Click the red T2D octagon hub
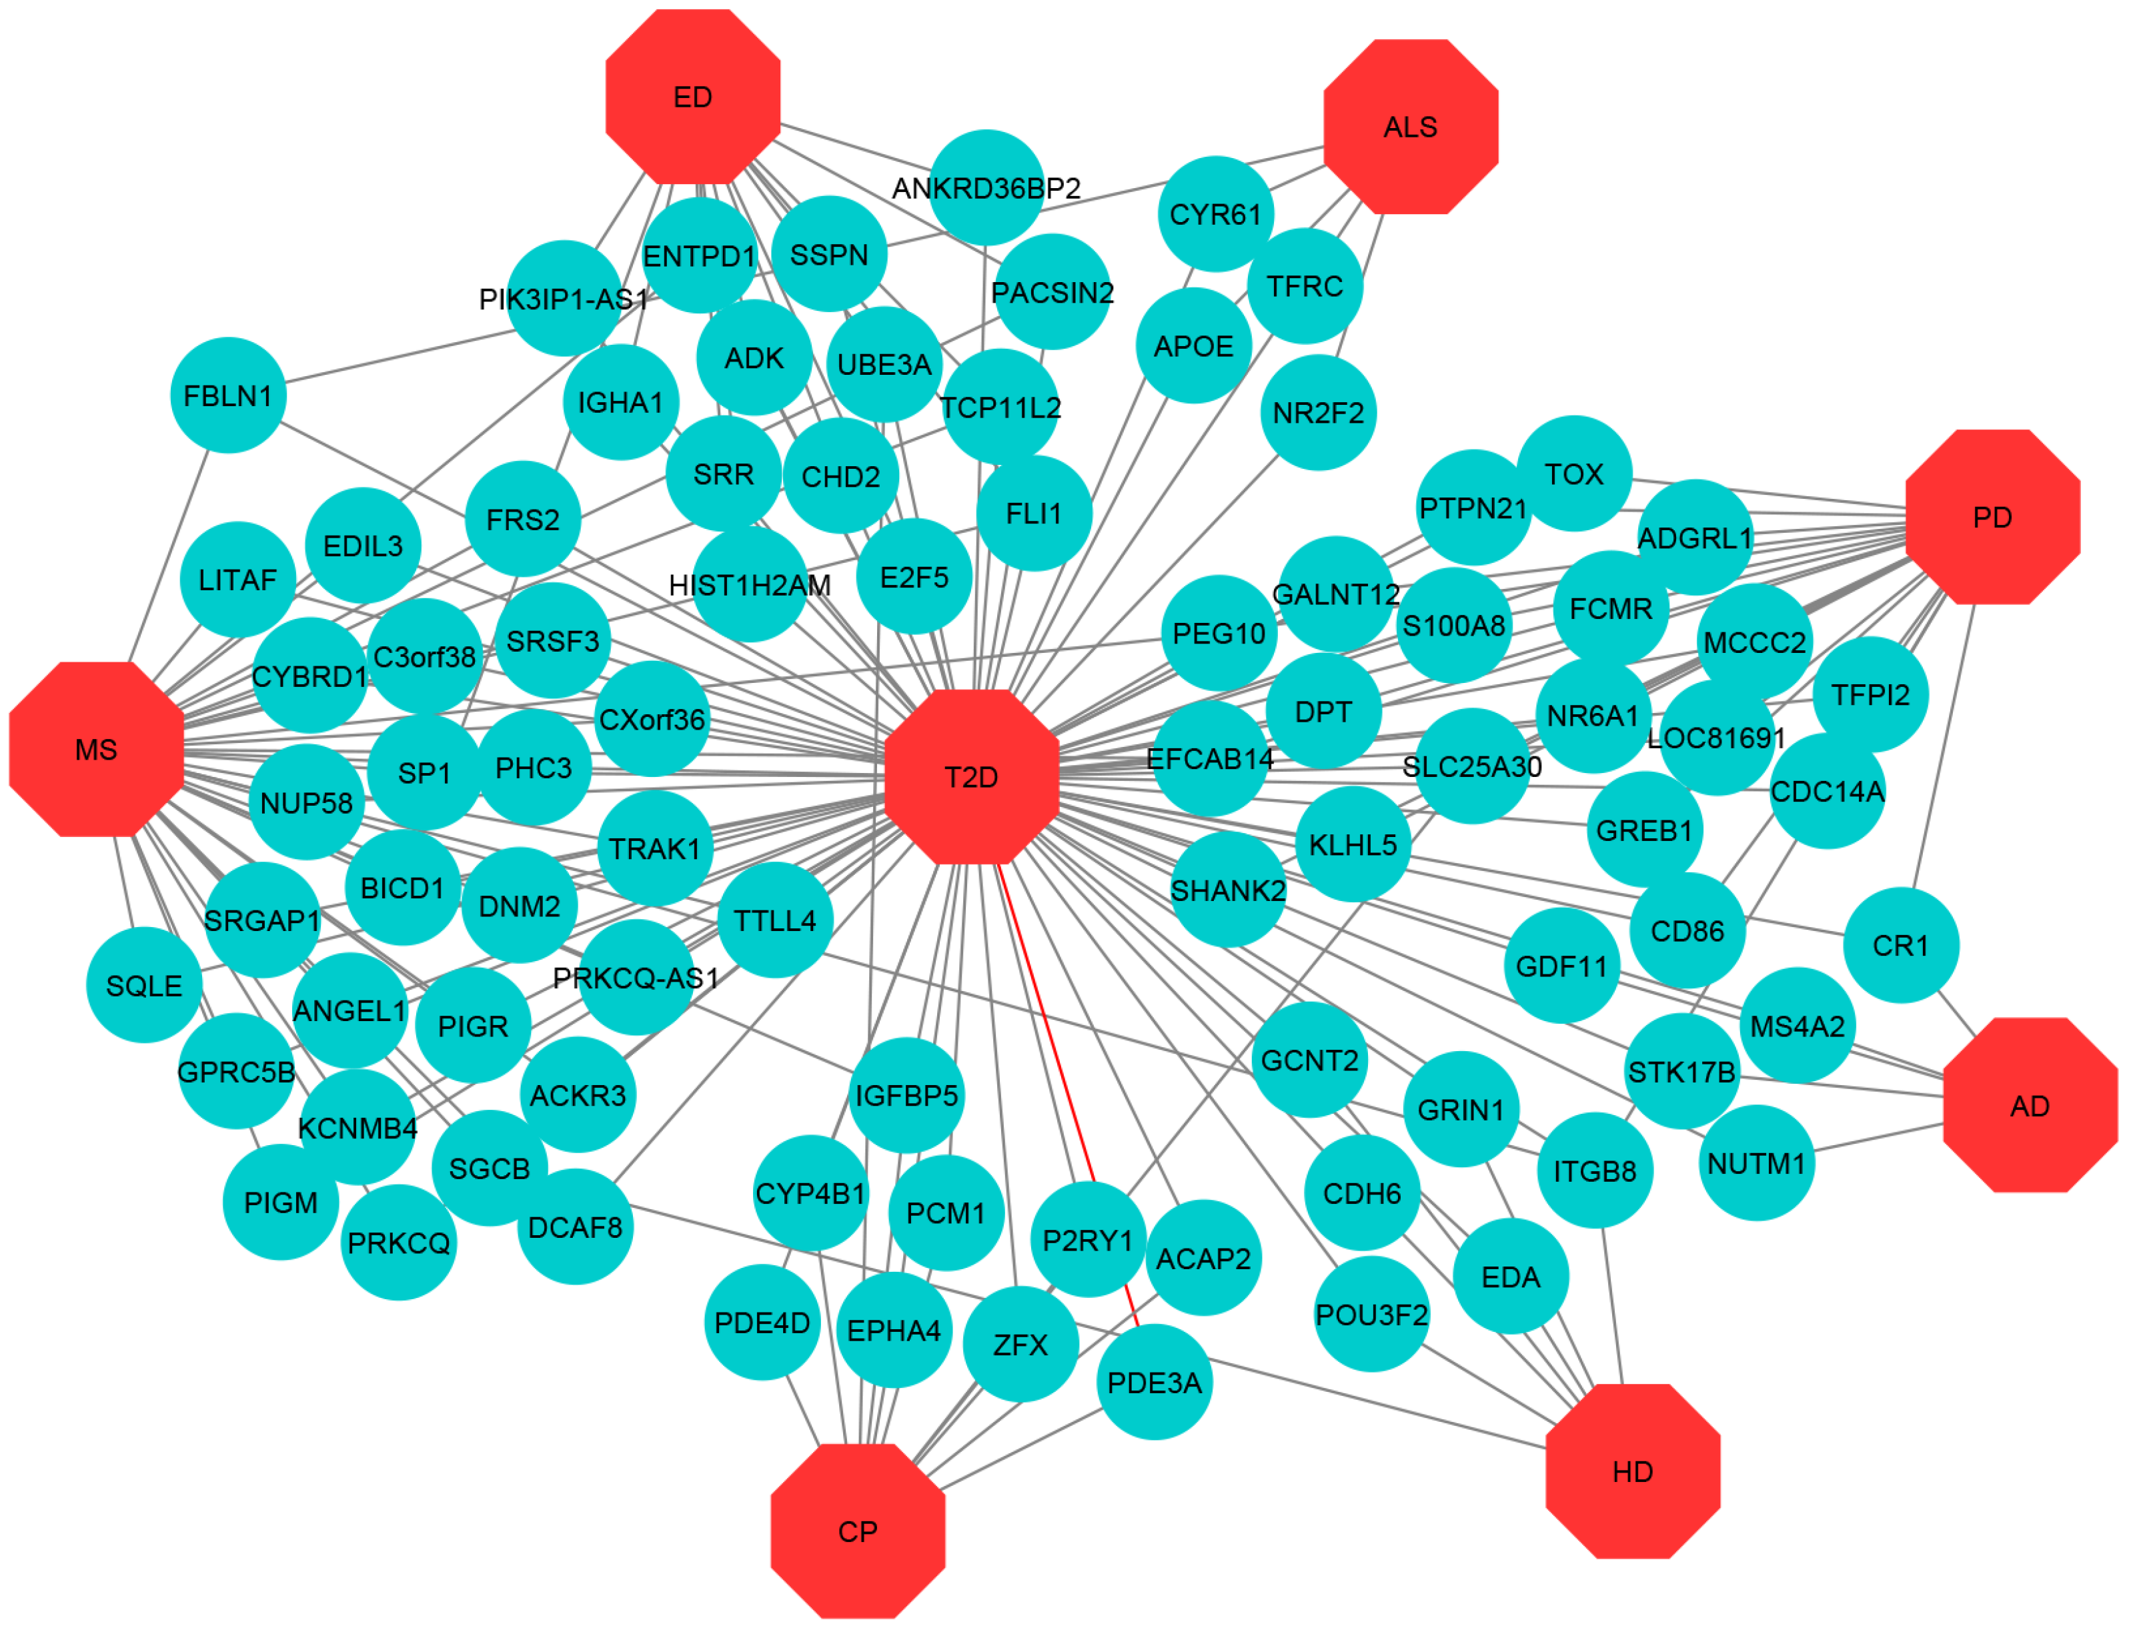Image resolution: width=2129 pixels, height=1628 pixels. point(972,777)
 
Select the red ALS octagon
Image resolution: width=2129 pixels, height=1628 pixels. point(1411,127)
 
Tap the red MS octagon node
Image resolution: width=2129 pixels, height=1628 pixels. point(96,749)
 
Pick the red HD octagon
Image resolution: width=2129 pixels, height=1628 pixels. point(1633,1472)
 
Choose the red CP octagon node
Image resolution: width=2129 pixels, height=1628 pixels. point(858,1532)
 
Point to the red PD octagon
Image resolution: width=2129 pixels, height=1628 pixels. point(1992,518)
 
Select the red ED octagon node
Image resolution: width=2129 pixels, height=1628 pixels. point(693,97)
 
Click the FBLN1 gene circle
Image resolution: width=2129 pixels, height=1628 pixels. point(227,395)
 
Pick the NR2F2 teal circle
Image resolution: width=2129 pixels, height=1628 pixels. point(1318,413)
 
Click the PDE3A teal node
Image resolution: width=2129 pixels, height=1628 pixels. point(1154,1383)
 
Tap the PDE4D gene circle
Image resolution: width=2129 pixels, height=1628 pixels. point(762,1323)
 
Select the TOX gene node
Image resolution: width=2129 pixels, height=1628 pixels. point(1573,474)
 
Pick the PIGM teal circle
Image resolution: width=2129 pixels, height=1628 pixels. point(280,1202)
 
